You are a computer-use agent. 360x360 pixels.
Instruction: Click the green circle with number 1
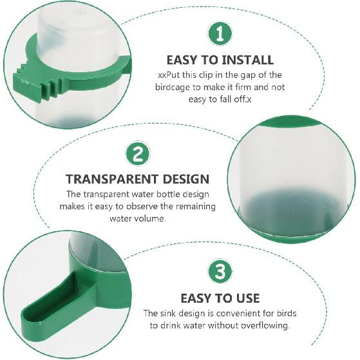220,32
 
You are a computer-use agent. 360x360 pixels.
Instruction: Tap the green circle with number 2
138,154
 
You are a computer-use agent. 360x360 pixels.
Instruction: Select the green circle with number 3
220,271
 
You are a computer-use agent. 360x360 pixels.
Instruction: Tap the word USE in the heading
245,298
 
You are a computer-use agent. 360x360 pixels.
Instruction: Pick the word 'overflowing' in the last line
266,325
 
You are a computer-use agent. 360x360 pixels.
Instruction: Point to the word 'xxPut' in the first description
167,75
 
